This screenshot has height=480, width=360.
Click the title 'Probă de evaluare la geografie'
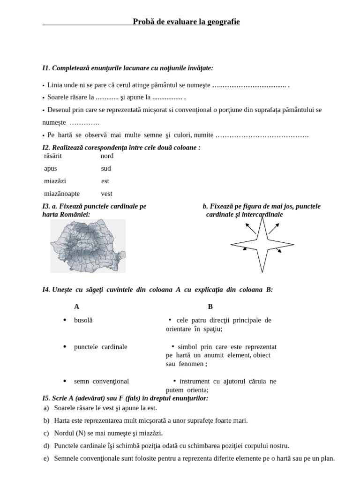186,22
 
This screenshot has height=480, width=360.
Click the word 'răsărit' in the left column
53,156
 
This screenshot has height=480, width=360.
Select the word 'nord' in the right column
107,156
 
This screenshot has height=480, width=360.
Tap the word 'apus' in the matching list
51,169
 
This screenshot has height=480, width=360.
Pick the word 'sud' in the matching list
106,169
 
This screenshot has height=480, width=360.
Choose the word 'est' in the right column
105,181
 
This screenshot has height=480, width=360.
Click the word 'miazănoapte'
62,194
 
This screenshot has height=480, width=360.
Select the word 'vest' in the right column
106,194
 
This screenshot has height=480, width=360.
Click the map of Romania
88,246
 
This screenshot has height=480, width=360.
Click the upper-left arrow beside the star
250,228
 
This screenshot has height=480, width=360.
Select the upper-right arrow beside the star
274,228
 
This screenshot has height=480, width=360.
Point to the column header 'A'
76,307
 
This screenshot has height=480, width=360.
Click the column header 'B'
210,307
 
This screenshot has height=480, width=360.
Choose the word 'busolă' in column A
83,320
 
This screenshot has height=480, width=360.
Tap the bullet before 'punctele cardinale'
65,346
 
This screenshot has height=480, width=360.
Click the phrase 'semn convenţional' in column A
101,381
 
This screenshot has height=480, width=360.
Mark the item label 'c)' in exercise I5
46,434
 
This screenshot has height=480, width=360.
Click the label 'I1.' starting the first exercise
46,68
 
